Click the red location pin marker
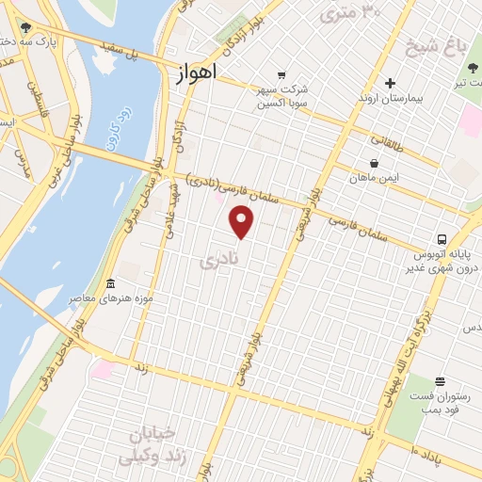242,221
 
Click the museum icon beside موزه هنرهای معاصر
111,283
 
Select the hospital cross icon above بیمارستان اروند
390,83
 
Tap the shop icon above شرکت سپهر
281,74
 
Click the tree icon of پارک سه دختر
25,28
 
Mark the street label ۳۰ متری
350,11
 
